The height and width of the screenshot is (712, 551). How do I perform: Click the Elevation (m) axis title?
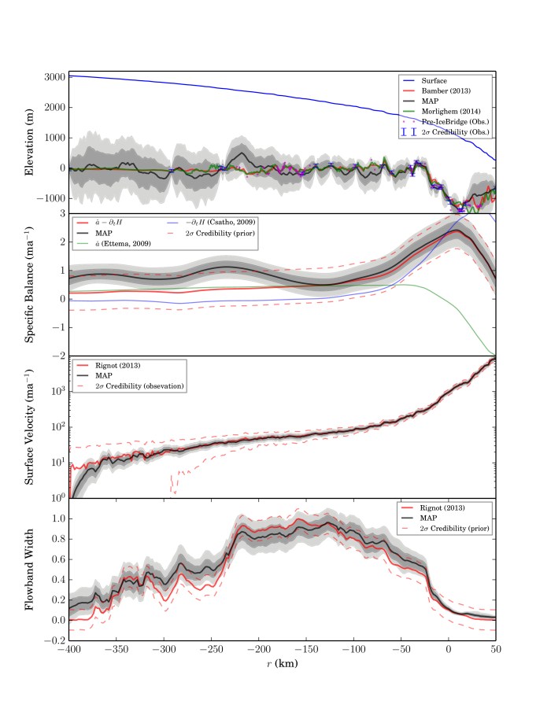tap(29, 142)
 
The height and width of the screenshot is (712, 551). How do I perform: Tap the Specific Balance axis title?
tap(29, 285)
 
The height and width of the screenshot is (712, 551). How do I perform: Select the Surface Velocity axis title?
tap(29, 427)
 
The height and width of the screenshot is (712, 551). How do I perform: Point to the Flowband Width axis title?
tap(29, 570)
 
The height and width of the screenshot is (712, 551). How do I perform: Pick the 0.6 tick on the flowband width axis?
tap(55, 559)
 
